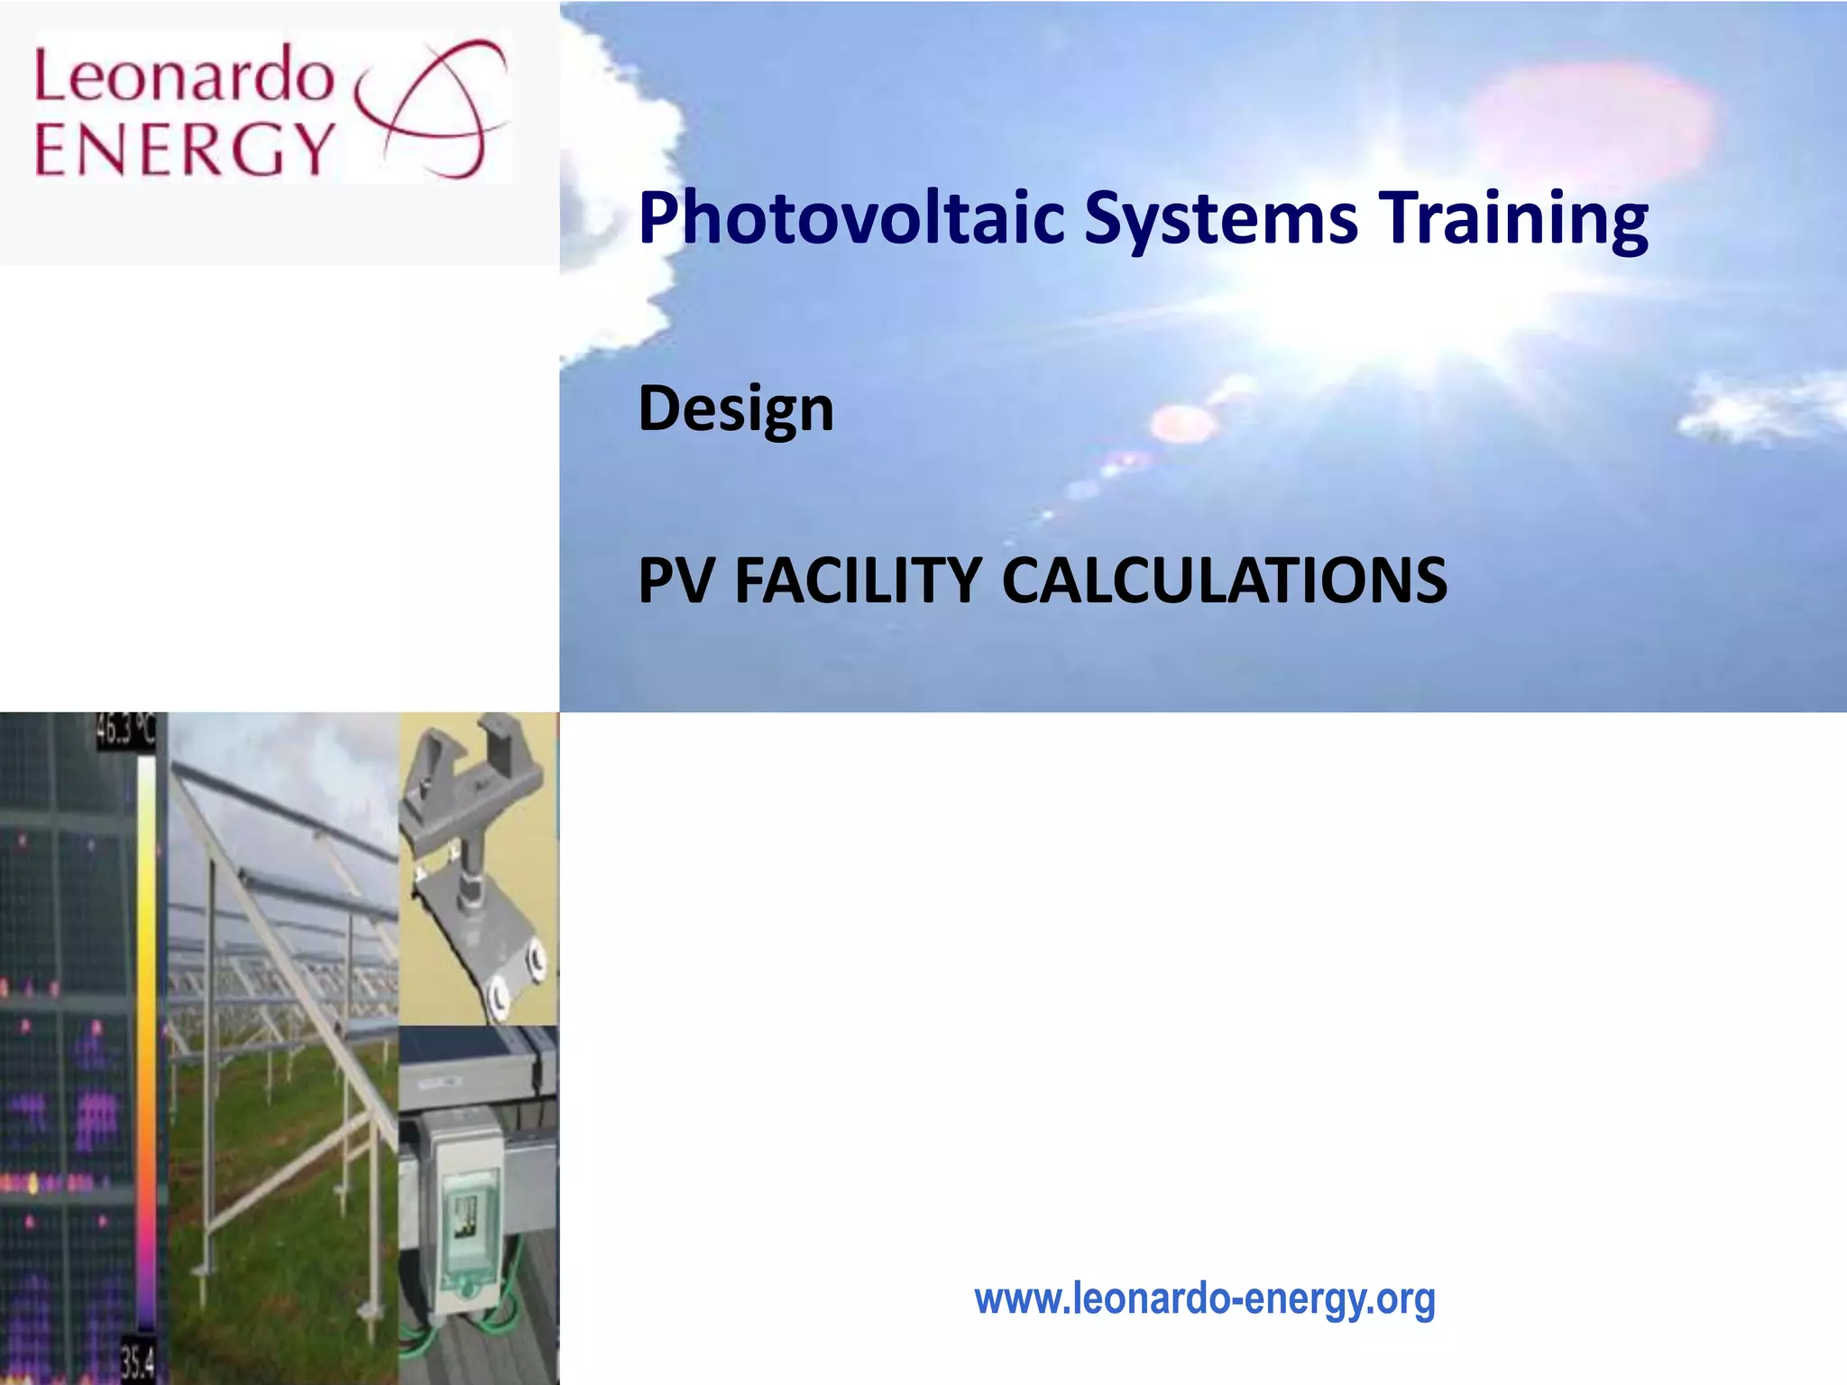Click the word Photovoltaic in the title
pyautogui.click(x=850, y=219)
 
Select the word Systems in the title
pyautogui.click(x=1220, y=219)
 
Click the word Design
pyautogui.click(x=736, y=409)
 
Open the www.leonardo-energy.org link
pyautogui.click(x=1204, y=1299)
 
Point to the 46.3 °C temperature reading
pyautogui.click(x=125, y=731)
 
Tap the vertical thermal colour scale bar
pyautogui.click(x=145, y=1037)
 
